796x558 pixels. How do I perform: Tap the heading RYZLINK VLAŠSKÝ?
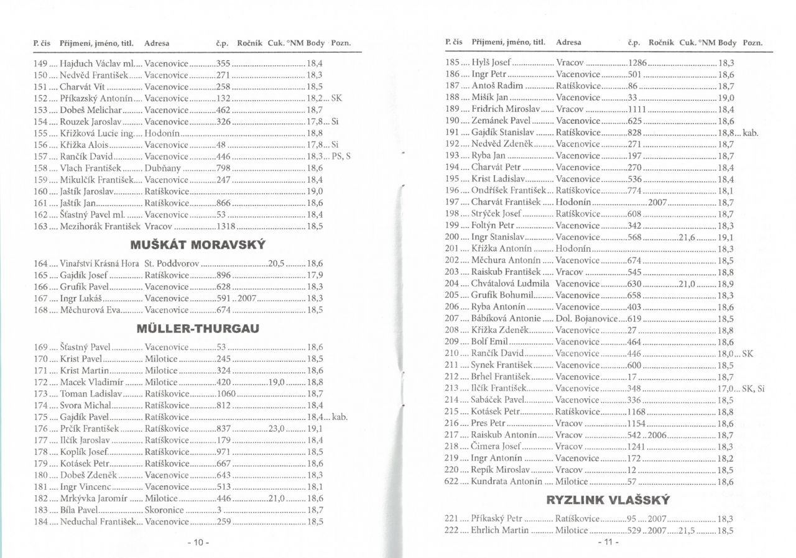[x=609, y=499]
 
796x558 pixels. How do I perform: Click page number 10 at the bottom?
[x=198, y=542]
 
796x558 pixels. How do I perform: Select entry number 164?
[x=41, y=263]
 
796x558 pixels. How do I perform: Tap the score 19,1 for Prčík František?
[x=315, y=428]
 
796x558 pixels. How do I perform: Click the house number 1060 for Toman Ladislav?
[x=226, y=393]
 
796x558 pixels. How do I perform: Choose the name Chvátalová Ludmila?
[x=511, y=283]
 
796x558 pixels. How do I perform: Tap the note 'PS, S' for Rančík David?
[x=341, y=156]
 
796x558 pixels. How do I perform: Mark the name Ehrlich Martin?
[x=500, y=530]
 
